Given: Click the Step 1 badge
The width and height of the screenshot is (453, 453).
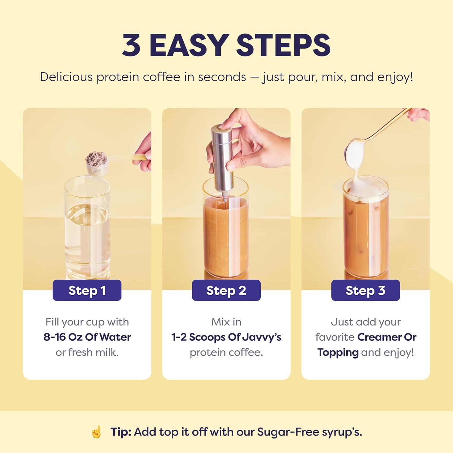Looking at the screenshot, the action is click(87, 290).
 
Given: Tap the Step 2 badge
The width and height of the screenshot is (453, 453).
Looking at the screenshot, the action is click(226, 290).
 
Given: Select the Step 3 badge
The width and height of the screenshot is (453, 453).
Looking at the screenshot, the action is click(365, 290).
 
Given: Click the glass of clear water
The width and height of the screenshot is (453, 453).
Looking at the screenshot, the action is click(87, 228).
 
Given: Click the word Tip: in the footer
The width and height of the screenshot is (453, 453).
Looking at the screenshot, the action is click(121, 432).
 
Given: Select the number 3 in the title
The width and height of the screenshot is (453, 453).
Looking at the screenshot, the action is click(131, 45).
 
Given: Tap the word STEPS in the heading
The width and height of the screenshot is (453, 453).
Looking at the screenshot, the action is click(283, 45).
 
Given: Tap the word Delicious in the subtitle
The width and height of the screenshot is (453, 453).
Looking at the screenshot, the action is click(66, 77).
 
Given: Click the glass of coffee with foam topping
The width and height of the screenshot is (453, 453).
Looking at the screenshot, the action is click(365, 228).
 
